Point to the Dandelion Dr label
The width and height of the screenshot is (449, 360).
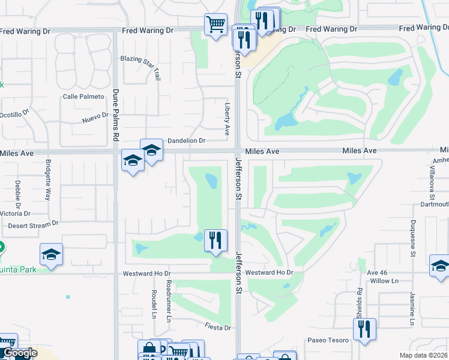point(186,141)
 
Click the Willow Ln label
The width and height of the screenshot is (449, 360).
point(385,281)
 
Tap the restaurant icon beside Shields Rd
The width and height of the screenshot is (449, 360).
point(364,329)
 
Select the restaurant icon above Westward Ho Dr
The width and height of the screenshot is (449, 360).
point(215,241)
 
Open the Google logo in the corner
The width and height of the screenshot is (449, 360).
point(20,353)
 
